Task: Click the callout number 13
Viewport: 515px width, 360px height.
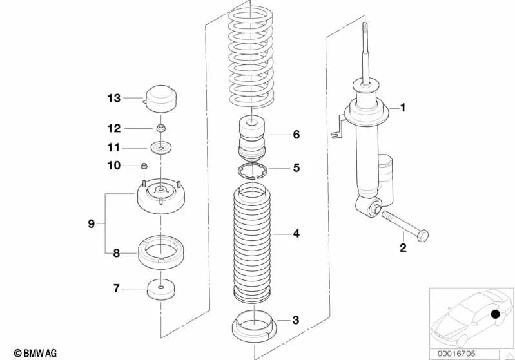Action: coord(114,98)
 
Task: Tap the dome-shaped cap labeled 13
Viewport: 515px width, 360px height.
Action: coord(160,99)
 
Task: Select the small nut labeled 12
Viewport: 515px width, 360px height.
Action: coord(160,128)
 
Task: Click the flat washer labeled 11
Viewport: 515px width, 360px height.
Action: coord(160,148)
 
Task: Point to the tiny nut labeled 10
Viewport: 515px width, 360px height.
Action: coord(144,166)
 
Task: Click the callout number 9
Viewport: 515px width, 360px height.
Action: coord(92,224)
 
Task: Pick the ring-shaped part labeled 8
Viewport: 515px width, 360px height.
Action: coord(160,252)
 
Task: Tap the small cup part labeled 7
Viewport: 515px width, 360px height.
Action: coord(160,289)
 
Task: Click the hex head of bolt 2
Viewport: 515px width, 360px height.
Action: coord(423,236)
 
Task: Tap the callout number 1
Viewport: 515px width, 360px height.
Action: coord(403,108)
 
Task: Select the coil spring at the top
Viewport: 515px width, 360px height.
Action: coord(251,57)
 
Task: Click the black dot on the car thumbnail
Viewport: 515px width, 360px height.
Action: coord(495,314)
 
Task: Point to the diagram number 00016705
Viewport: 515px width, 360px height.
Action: coord(456,354)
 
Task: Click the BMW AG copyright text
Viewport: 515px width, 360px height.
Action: coord(35,353)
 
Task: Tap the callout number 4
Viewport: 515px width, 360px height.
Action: coord(296,234)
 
